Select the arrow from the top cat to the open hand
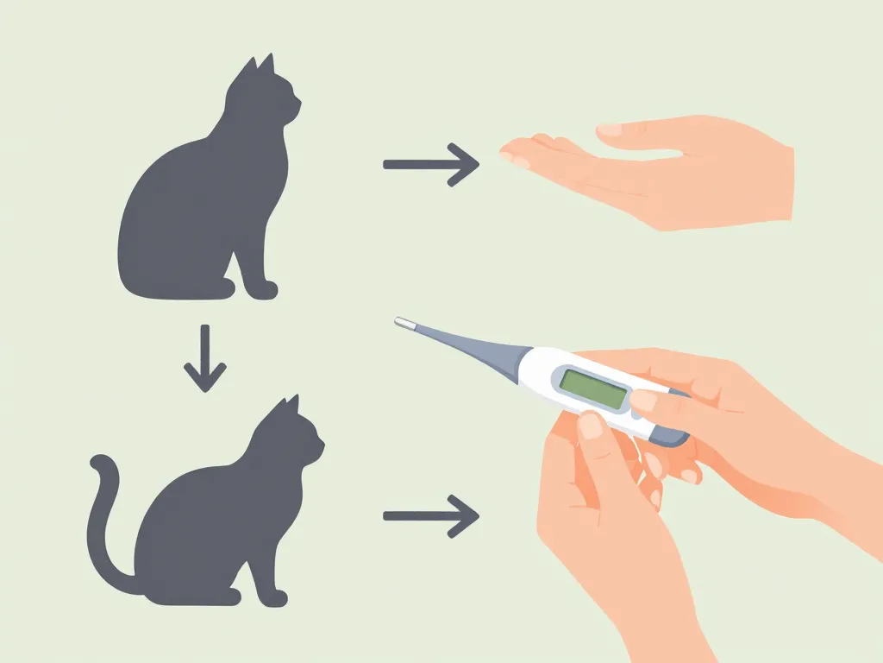click(x=430, y=163)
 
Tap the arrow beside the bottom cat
click(x=430, y=516)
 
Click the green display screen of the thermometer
click(x=593, y=389)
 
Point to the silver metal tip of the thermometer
click(x=404, y=324)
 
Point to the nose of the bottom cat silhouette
click(x=323, y=447)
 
